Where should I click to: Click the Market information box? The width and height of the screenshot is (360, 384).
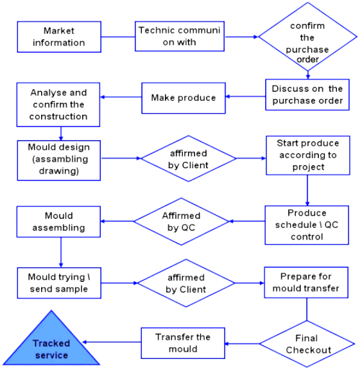(x=59, y=37)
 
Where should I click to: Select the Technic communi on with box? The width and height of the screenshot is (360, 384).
(x=180, y=36)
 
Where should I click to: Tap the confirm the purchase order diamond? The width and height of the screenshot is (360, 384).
(x=307, y=37)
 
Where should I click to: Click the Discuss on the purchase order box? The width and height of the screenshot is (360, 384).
(x=307, y=94)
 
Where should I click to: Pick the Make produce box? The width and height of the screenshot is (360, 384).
(x=184, y=98)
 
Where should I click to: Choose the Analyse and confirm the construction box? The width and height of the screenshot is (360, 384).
(x=58, y=105)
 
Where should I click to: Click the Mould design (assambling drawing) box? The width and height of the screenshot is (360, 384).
(x=59, y=161)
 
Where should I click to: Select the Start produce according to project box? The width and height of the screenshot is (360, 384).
(x=308, y=155)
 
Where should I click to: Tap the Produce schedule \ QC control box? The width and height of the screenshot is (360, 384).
(x=307, y=225)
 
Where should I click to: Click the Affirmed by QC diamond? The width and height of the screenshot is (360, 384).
(x=182, y=222)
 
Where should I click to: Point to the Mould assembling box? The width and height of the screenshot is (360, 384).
(x=58, y=222)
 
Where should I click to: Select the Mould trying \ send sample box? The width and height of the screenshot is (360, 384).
(x=59, y=283)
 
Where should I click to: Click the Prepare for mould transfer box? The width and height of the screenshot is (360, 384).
(x=306, y=283)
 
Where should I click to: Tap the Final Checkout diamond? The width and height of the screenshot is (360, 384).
(x=307, y=344)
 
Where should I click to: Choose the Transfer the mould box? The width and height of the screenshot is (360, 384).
(x=183, y=343)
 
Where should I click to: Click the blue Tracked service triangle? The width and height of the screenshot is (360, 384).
(x=51, y=345)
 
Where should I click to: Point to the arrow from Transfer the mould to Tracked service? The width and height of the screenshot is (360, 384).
(x=112, y=342)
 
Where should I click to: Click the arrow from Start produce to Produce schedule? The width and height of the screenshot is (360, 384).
(x=307, y=190)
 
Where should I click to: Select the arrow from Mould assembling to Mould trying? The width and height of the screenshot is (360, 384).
(x=61, y=252)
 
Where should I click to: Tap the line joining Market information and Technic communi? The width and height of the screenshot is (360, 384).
(x=118, y=37)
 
